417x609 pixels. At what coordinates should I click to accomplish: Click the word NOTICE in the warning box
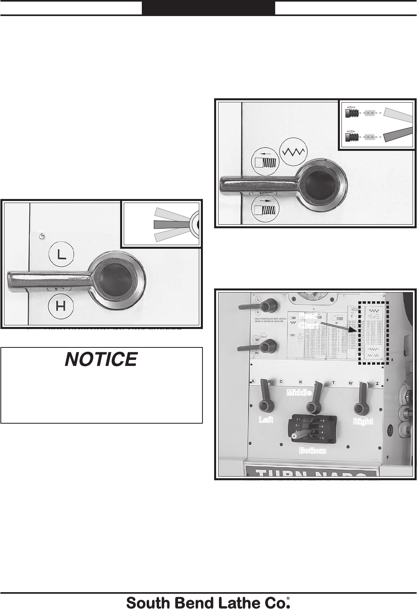pyautogui.click(x=101, y=359)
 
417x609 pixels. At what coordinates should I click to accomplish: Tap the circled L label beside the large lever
pyautogui.click(x=60, y=255)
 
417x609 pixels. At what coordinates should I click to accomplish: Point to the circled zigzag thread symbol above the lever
pyautogui.click(x=293, y=152)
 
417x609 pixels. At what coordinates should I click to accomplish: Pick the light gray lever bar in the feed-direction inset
pyautogui.click(x=398, y=114)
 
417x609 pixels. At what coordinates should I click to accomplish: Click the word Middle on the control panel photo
pyautogui.click(x=299, y=392)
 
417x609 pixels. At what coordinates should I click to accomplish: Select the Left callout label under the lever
pyautogui.click(x=266, y=420)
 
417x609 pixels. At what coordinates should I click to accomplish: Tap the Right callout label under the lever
pyautogui.click(x=363, y=421)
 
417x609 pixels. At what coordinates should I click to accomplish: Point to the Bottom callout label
pyautogui.click(x=313, y=451)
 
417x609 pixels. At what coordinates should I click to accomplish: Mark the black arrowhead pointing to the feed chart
pyautogui.click(x=352, y=330)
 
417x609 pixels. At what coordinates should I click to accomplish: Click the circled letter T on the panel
pyautogui.click(x=333, y=383)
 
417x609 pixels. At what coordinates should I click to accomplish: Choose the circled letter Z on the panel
pyautogui.click(x=377, y=383)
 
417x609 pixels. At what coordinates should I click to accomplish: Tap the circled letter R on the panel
pyautogui.click(x=300, y=382)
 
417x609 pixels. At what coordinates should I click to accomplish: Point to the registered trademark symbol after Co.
pyautogui.click(x=288, y=599)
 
